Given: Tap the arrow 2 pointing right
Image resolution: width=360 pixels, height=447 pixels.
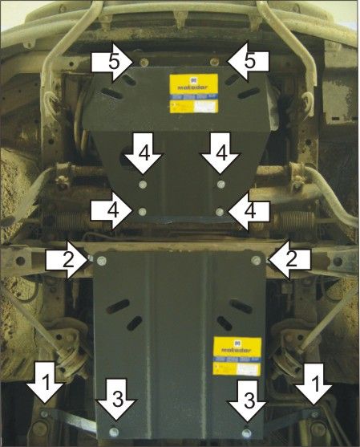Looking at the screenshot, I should (67, 258).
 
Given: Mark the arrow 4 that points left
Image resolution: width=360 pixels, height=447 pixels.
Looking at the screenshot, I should (250, 210).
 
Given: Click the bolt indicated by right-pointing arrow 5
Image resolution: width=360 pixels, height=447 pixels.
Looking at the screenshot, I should (141, 62).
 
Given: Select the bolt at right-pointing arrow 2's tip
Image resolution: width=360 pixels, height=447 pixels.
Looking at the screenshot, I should (95, 258).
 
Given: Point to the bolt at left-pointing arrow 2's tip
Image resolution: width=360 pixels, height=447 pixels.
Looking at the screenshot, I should (256, 259).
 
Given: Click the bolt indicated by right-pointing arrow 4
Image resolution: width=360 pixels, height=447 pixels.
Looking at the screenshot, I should (142, 212).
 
